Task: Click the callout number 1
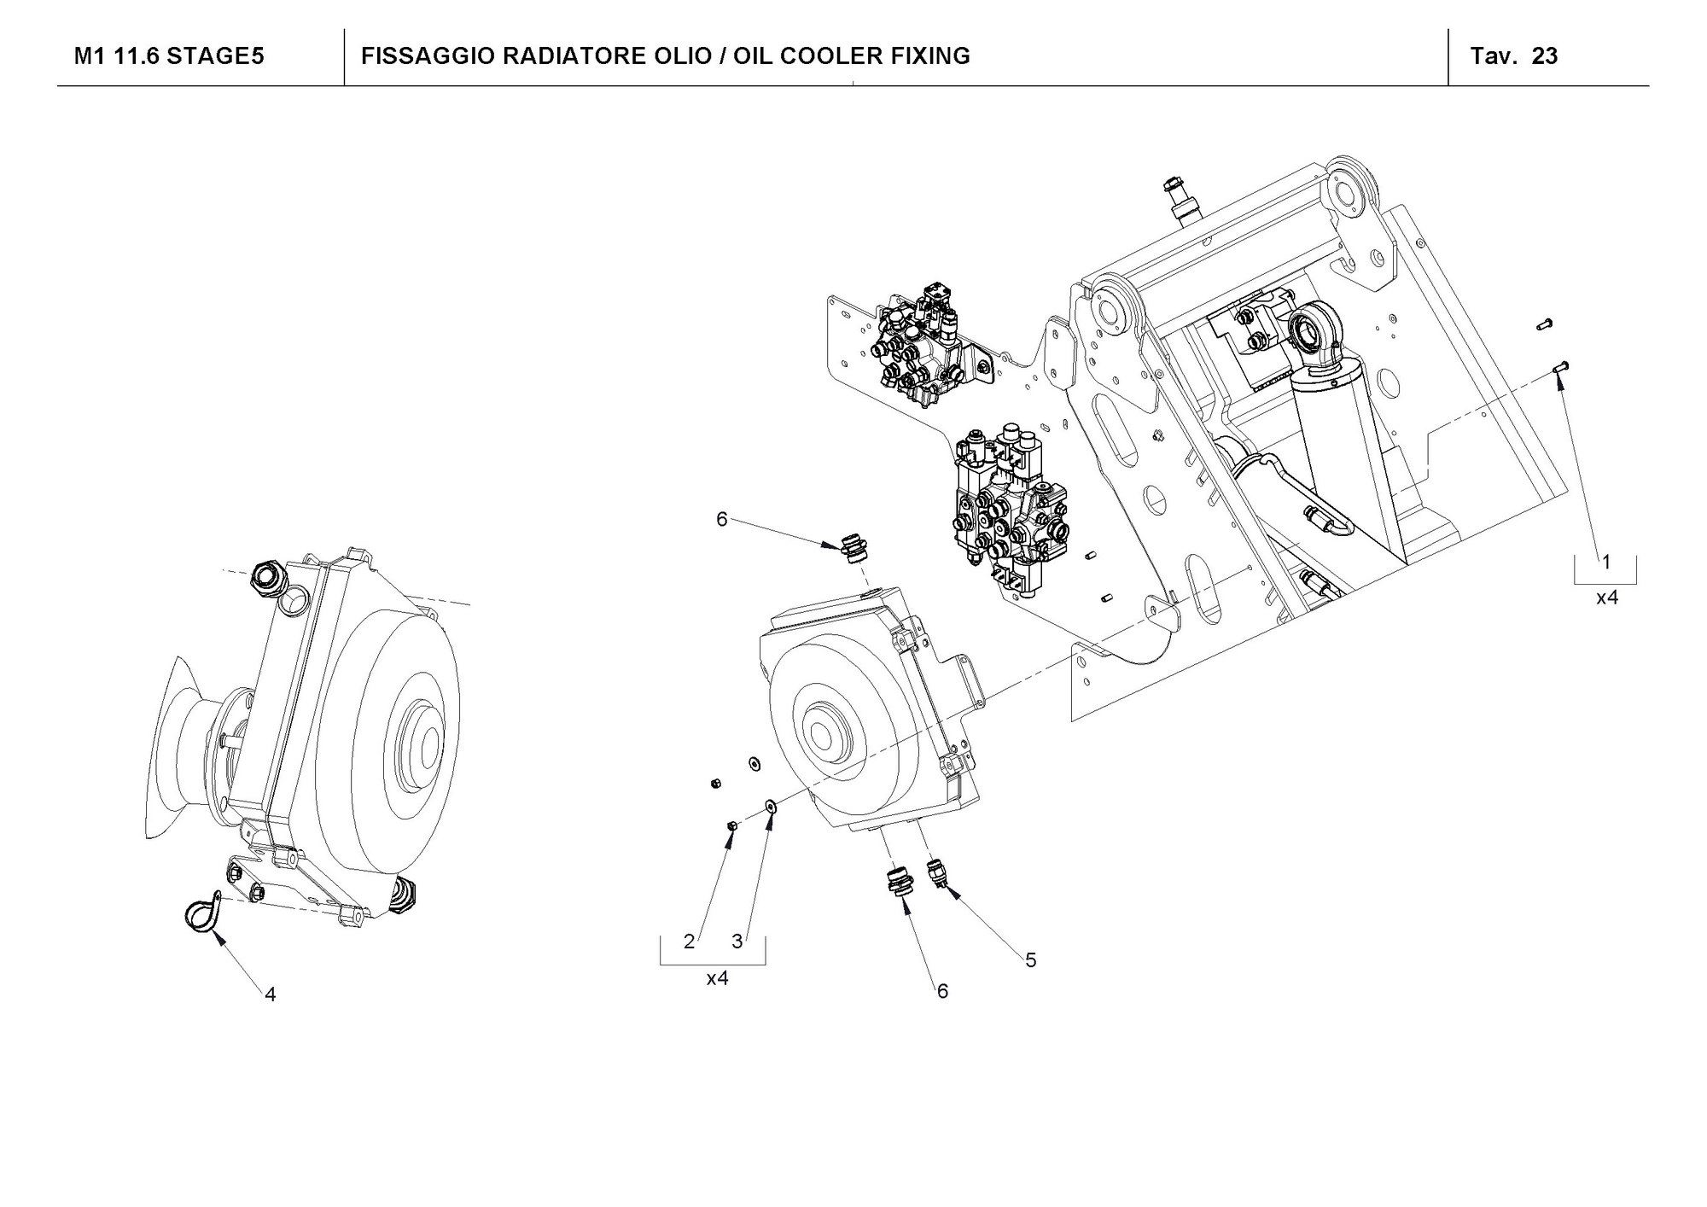pos(1606,562)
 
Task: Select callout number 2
pos(690,942)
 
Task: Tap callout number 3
pos(737,942)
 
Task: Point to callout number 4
pos(270,994)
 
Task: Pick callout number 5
pos(1031,960)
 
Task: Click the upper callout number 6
pos(722,519)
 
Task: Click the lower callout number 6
pos(942,991)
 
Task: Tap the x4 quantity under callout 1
pos(1606,598)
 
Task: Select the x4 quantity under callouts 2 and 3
pos(717,978)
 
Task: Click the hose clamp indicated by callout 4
pos(202,914)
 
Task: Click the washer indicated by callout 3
pos(770,804)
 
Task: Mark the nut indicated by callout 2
pos(731,825)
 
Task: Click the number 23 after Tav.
pos(1545,56)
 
